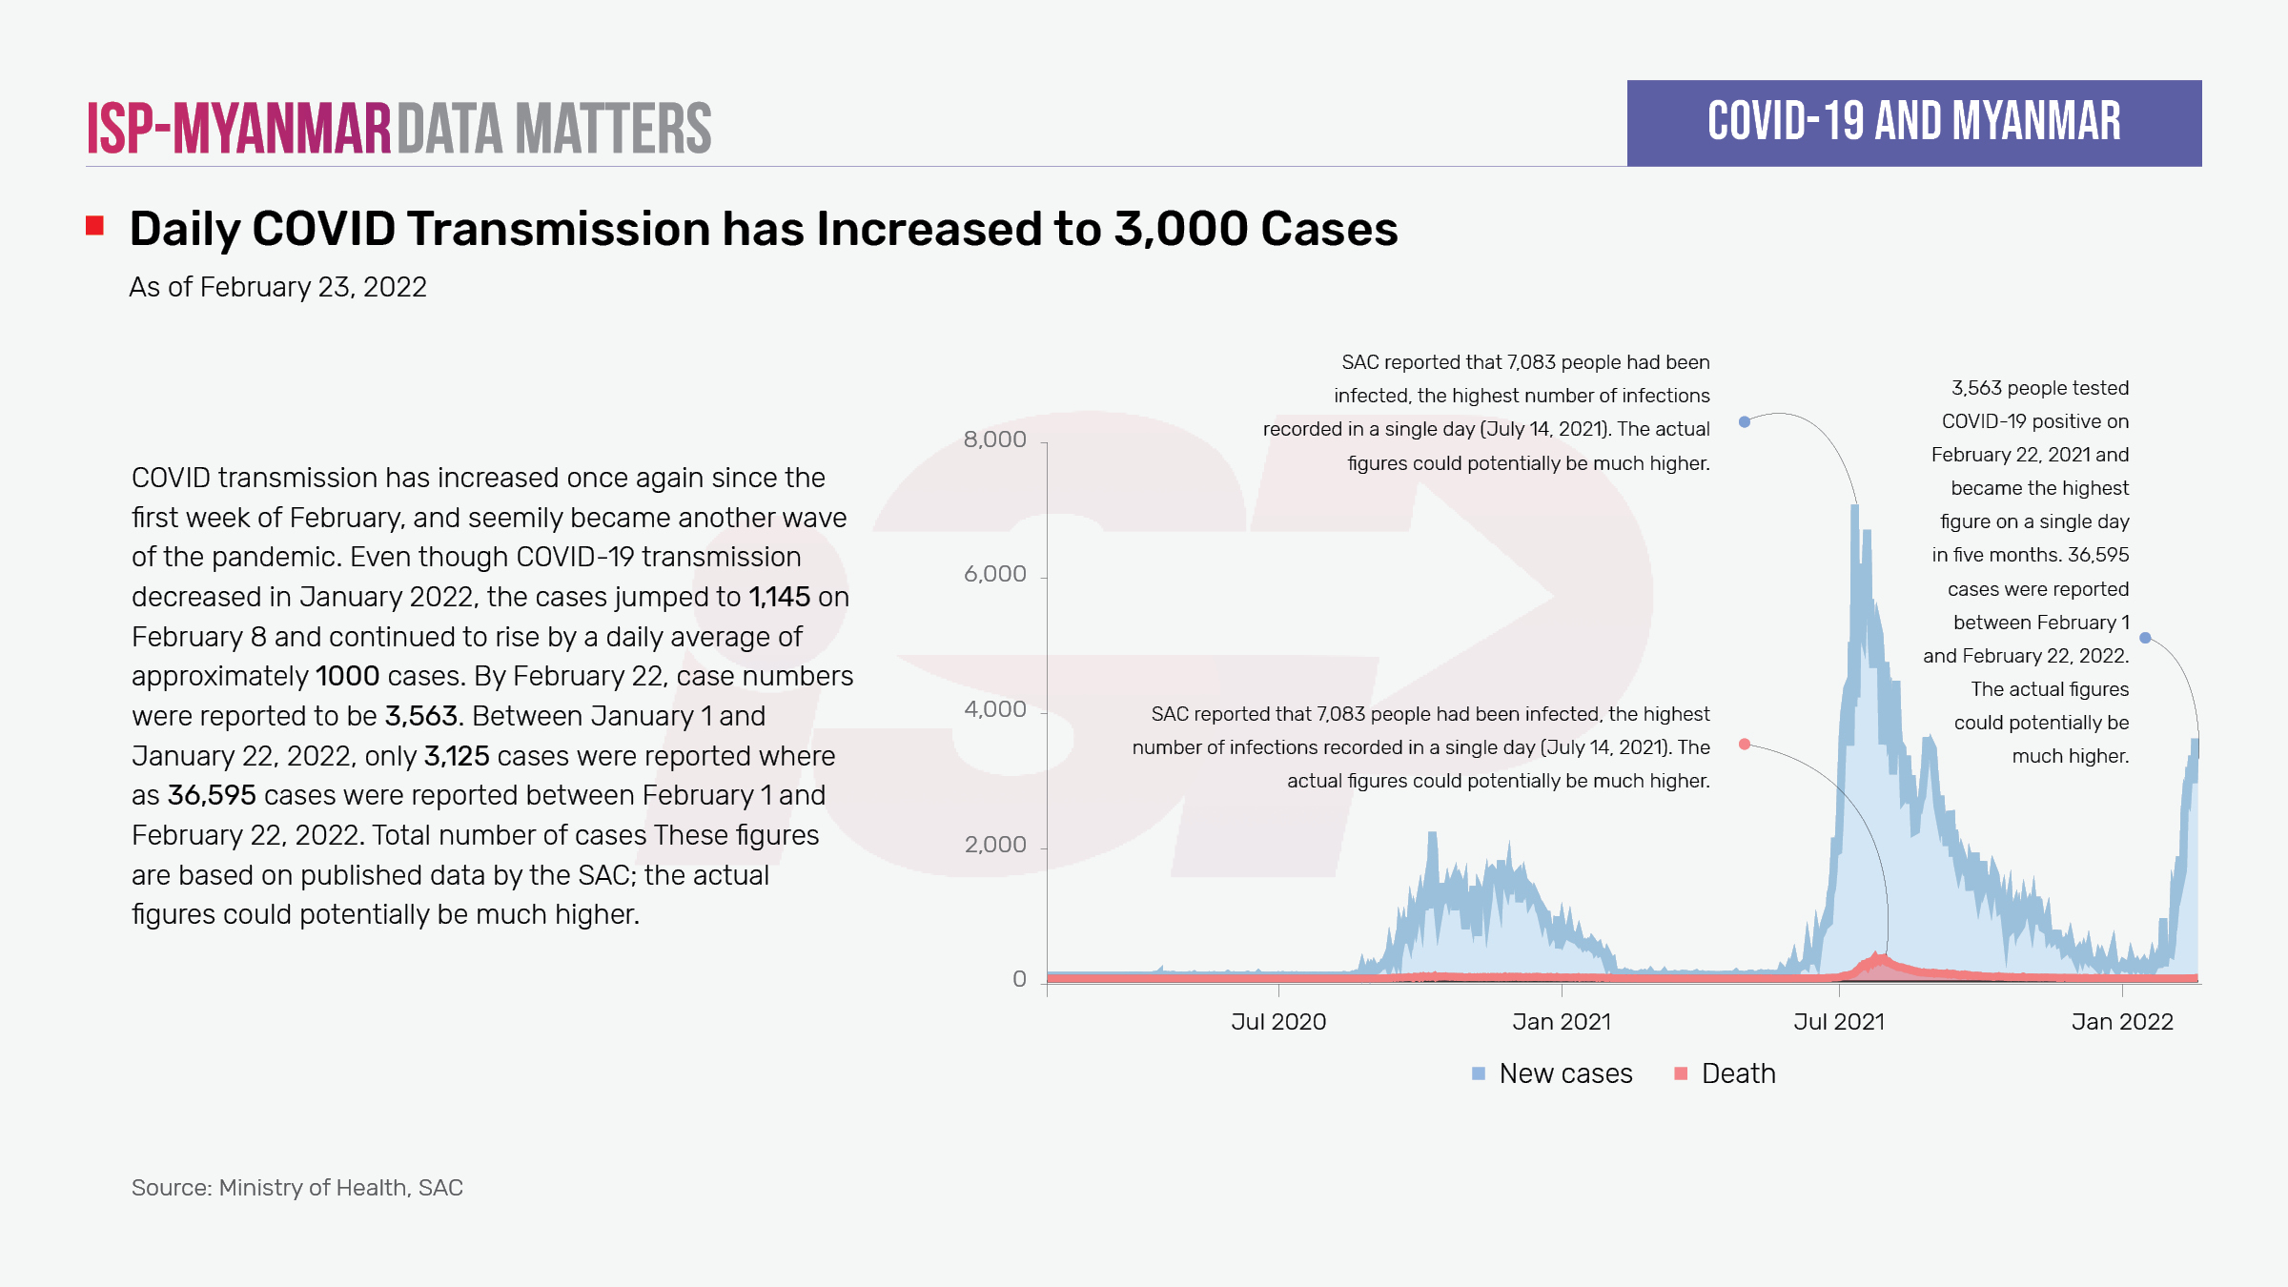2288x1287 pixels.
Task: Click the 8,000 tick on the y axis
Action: [x=994, y=439]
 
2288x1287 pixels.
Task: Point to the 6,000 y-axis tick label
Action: [x=994, y=574]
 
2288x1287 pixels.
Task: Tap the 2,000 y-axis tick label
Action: [x=994, y=845]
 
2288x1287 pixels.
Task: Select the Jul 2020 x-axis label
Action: [x=1278, y=1022]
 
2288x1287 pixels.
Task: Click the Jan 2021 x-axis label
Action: [x=1562, y=1022]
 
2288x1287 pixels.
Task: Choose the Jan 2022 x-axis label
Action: [x=2122, y=1022]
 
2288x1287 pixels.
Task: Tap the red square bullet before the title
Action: [x=94, y=226]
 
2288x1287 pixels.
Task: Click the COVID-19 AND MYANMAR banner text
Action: [x=1914, y=122]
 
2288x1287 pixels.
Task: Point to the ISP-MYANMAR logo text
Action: [x=239, y=129]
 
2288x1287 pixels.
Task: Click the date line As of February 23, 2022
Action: [x=277, y=287]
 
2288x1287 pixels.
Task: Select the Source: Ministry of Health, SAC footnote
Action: [x=296, y=1188]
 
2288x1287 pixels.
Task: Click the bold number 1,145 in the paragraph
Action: [x=779, y=597]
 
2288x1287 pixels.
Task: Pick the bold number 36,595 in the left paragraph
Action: [x=212, y=795]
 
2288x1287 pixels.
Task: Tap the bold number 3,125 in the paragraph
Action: [x=457, y=756]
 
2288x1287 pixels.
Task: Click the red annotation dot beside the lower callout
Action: [x=1745, y=745]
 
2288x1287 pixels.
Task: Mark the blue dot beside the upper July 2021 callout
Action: [x=1745, y=421]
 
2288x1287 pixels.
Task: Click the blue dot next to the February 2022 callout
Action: [x=2145, y=638]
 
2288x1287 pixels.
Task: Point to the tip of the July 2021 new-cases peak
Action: [x=1855, y=507]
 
